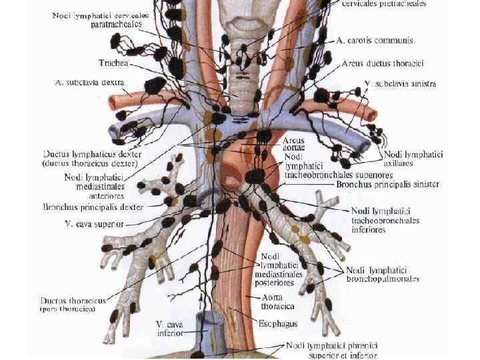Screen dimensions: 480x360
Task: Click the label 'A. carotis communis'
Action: pyautogui.click(x=375, y=41)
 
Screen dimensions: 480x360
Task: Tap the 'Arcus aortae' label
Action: pyautogui.click(x=294, y=145)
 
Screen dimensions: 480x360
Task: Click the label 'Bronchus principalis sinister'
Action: pyautogui.click(x=387, y=184)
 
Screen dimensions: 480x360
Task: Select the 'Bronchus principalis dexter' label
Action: pyautogui.click(x=102, y=207)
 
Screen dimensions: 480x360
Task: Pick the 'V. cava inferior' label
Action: pyautogui.click(x=171, y=327)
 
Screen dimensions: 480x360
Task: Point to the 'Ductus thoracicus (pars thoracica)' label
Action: pyautogui.click(x=73, y=304)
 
